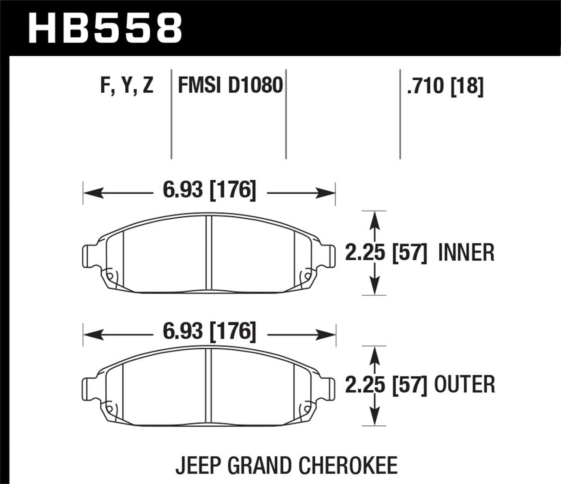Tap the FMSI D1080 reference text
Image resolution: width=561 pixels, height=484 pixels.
[230, 86]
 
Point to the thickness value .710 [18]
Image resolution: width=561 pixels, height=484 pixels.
[445, 86]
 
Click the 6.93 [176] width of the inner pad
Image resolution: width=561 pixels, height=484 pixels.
[209, 190]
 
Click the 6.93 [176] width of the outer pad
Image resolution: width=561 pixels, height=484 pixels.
[209, 332]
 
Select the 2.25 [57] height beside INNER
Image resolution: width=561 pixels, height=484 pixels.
[386, 253]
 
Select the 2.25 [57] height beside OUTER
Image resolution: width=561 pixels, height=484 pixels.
[386, 385]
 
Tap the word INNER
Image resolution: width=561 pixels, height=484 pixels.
[466, 253]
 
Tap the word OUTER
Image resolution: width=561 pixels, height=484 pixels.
[464, 385]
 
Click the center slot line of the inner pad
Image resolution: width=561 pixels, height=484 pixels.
[208, 254]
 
